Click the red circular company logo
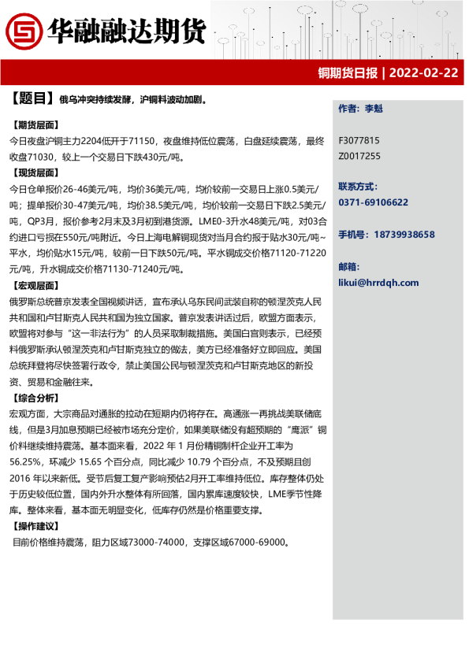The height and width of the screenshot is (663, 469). point(24,31)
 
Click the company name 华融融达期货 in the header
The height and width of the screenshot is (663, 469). point(126,31)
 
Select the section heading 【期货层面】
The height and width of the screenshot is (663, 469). point(35,125)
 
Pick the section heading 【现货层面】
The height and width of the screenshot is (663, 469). point(35,172)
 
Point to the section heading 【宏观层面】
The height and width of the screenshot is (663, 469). point(35,286)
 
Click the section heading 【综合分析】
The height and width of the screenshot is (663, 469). point(35,398)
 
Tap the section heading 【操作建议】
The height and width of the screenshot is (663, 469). point(35,526)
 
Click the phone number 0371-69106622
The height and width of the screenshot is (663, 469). point(373,202)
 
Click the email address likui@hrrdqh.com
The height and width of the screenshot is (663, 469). point(378,283)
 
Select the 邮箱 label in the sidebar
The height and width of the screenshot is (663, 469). point(349,267)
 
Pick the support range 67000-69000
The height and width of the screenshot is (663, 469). point(258,543)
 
